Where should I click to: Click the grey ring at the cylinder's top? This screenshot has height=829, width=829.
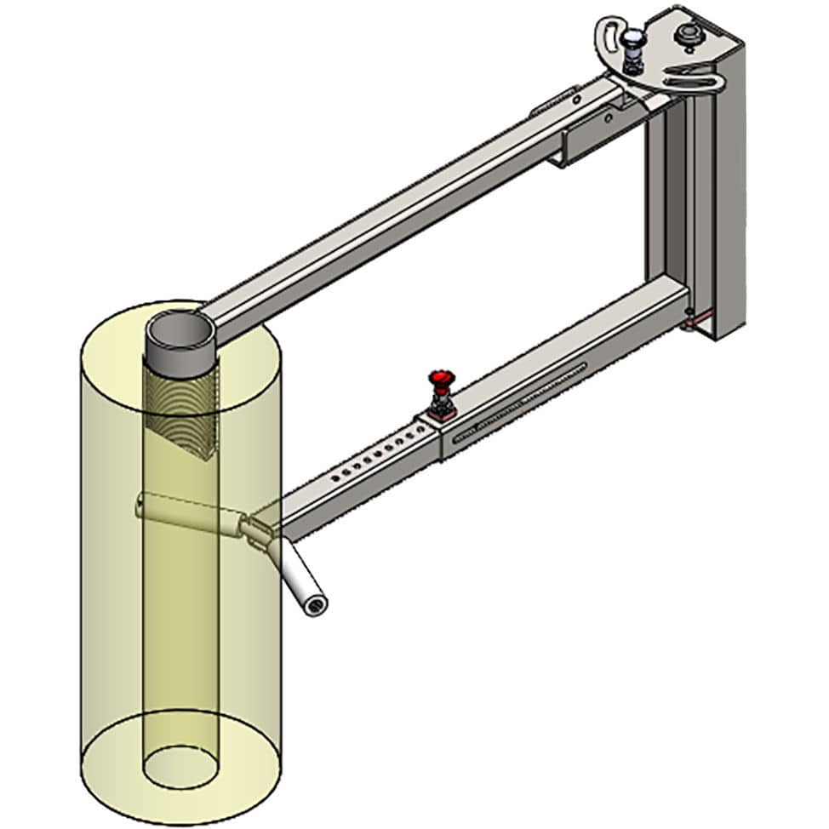tap(180, 332)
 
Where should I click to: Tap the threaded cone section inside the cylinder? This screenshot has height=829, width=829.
tap(180, 409)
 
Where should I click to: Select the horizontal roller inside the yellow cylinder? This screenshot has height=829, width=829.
tap(187, 513)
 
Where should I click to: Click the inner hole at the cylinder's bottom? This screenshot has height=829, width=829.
tap(181, 765)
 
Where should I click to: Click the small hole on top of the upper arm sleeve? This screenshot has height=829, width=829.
tap(575, 100)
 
